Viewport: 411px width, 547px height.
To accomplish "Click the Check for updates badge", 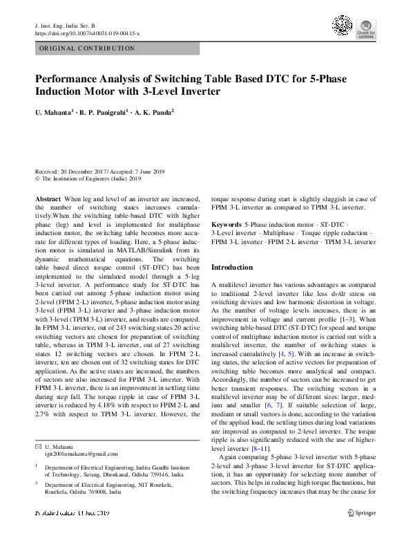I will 365,30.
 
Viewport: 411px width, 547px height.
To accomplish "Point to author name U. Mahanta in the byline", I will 55,112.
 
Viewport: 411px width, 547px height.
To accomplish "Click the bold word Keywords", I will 226,225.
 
